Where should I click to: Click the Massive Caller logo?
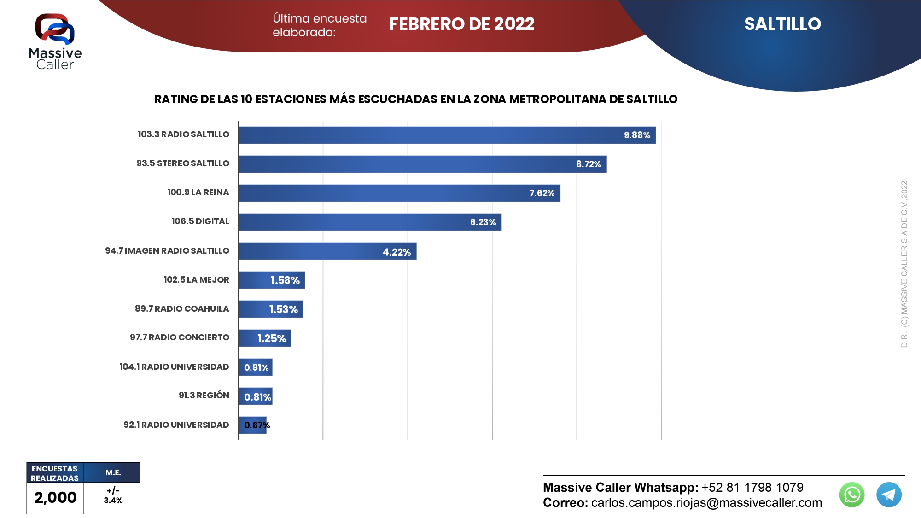coord(55,41)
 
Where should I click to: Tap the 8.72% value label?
coord(588,164)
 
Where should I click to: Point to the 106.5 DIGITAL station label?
coord(200,221)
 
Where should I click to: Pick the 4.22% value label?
coord(396,252)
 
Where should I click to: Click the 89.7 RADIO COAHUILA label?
coord(182,308)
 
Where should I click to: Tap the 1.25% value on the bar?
coord(272,338)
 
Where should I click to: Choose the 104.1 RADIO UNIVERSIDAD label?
coord(174,367)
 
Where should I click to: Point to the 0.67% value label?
coord(256,425)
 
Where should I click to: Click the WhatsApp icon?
coord(851,495)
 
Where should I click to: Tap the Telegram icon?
coord(888,495)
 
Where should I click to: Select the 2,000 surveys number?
coord(55,497)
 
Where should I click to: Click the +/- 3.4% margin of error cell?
coord(113,496)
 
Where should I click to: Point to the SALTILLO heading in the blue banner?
coord(782,24)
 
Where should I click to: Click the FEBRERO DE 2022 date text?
coord(461,24)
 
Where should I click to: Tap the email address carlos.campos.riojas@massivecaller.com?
coord(706,503)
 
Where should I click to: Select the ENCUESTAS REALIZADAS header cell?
coord(55,473)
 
